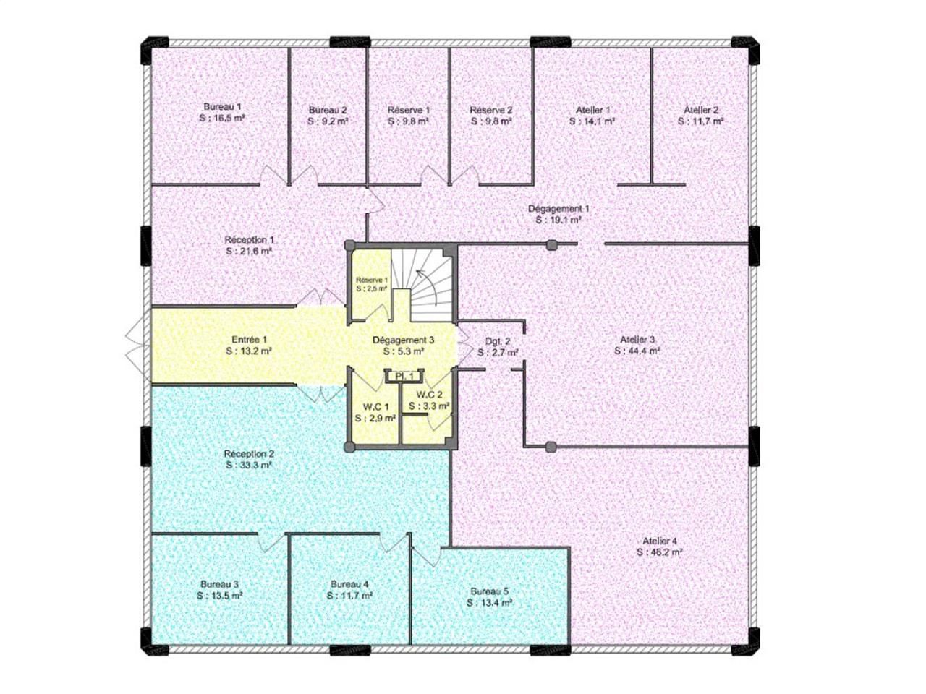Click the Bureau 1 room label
point(222,106)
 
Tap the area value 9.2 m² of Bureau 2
point(328,122)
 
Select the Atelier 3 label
point(637,339)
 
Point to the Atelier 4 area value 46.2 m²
point(660,552)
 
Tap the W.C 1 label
point(375,407)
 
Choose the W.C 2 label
point(429,395)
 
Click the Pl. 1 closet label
point(404,376)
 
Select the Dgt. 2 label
point(498,341)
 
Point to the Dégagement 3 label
point(403,340)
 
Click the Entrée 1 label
point(250,339)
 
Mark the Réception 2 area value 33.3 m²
point(249,466)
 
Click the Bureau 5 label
point(490,591)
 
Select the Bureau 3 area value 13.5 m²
point(219,596)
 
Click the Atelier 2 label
point(701,110)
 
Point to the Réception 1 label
point(250,239)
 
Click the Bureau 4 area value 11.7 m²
point(349,596)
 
